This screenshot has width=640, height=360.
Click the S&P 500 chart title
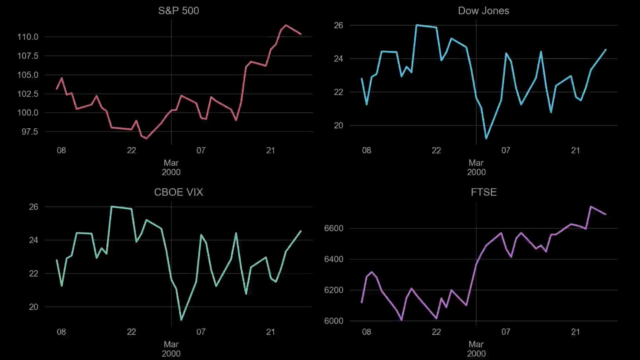pyautogui.click(x=178, y=11)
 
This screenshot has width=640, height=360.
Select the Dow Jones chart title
pyautogui.click(x=483, y=11)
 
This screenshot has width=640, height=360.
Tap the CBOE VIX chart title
pyautogui.click(x=178, y=192)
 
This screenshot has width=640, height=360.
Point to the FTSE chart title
pyautogui.click(x=484, y=192)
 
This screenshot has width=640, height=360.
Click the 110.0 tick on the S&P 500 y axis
pyautogui.click(x=28, y=37)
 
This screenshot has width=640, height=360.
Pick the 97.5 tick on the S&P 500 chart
pyautogui.click(x=30, y=132)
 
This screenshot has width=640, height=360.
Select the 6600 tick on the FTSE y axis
pyautogui.click(x=333, y=228)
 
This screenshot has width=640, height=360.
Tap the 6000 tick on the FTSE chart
pyautogui.click(x=333, y=321)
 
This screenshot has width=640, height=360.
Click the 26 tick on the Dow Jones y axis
pyautogui.click(x=338, y=25)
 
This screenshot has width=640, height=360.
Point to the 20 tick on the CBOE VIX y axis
pyautogui.click(x=33, y=307)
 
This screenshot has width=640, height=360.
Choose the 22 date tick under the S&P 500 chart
pyautogui.click(x=131, y=150)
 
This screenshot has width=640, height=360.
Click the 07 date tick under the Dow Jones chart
pyautogui.click(x=506, y=150)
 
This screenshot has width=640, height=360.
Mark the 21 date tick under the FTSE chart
pyautogui.click(x=575, y=332)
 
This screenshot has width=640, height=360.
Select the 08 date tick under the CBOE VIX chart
pyautogui.click(x=61, y=332)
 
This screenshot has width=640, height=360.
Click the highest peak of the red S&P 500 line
pyautogui.click(x=286, y=25)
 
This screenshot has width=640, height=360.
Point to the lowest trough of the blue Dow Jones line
pyautogui.click(x=486, y=138)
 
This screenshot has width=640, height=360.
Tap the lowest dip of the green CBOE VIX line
pyautogui.click(x=181, y=320)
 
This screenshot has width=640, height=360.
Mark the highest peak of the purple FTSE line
pyautogui.click(x=591, y=207)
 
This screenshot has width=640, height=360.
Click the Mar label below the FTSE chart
pyautogui.click(x=476, y=344)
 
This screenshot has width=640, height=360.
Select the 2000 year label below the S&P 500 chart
pyautogui.click(x=171, y=172)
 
